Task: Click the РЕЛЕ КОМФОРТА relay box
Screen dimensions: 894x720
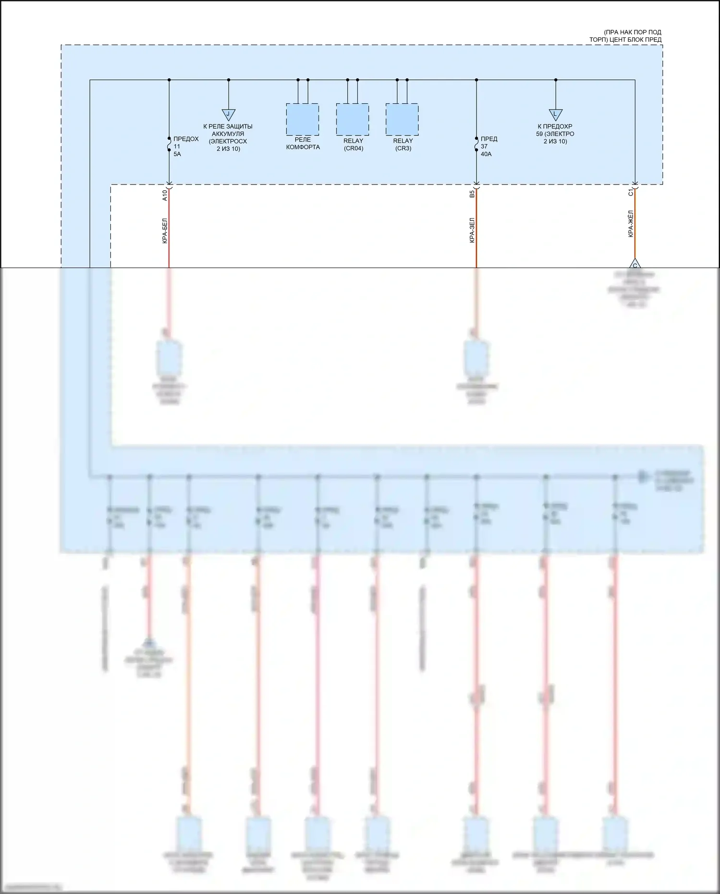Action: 302,119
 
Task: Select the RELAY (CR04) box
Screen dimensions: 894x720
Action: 352,119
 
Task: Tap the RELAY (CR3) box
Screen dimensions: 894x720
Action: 402,119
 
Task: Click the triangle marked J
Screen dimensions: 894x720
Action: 228,114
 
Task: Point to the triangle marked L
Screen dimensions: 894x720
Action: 555,114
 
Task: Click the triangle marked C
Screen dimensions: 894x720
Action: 635,264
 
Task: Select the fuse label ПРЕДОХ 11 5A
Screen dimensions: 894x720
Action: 185,147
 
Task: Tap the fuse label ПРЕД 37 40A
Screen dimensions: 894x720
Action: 488,147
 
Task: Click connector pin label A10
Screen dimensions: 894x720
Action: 165,195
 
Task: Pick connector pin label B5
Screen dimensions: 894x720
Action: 472,194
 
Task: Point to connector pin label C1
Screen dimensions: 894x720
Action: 631,193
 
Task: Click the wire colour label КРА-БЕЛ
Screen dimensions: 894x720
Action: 165,231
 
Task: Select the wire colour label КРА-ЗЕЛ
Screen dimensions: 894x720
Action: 472,231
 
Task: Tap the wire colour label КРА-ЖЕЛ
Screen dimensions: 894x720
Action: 631,224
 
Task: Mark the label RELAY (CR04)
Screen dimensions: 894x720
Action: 353,145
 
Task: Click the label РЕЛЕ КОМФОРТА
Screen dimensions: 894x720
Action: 303,144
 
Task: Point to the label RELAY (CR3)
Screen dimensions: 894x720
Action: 403,145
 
